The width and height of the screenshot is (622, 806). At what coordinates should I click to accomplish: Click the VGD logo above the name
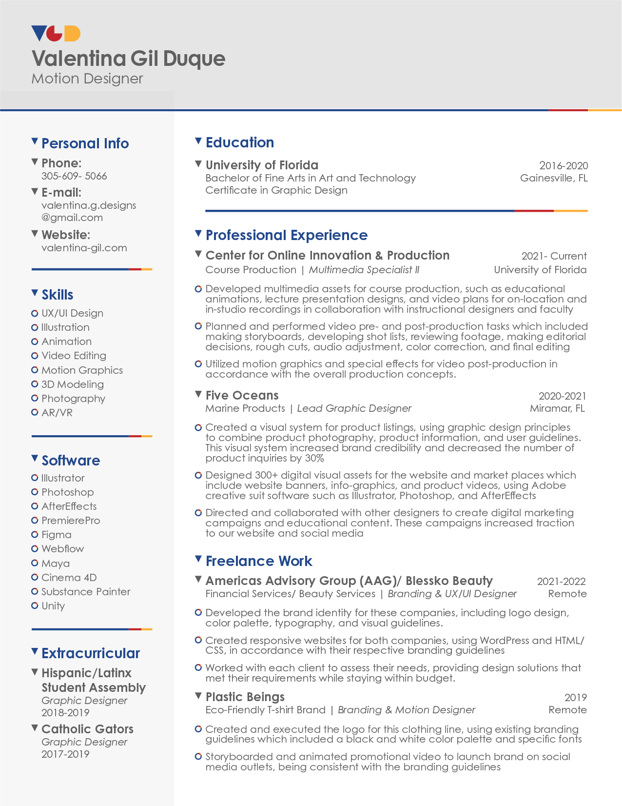(56, 34)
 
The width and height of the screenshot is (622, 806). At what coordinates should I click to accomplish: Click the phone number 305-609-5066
(74, 176)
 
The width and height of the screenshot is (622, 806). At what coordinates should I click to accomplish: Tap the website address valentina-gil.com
(84, 248)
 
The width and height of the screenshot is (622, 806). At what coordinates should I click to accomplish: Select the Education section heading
(239, 142)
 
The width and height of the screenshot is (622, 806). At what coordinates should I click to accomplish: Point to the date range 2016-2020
(563, 166)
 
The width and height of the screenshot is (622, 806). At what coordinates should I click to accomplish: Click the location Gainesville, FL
(554, 178)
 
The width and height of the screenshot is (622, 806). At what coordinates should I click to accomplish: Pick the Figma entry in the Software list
(56, 535)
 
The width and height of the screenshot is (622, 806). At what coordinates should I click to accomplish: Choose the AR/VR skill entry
(57, 413)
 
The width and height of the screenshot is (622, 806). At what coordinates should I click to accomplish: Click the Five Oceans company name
(242, 395)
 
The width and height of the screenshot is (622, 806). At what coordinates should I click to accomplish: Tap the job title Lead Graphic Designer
(354, 408)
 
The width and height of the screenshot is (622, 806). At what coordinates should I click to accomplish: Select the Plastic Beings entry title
(245, 697)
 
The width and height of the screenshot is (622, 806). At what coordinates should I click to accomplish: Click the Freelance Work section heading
(258, 561)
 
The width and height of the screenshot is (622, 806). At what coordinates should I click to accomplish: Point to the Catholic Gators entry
(87, 729)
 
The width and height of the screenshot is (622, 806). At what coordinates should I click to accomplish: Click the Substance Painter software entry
(86, 592)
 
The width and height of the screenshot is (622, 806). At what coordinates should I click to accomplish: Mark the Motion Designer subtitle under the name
(87, 79)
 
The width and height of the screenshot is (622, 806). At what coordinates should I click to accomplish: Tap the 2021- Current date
(554, 256)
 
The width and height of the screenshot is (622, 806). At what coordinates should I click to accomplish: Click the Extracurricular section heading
(91, 653)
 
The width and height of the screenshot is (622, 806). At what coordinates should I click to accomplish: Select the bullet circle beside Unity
(35, 605)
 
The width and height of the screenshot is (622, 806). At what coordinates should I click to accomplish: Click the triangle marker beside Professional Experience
(198, 234)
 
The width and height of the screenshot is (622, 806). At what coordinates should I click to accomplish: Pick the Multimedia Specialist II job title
(364, 270)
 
